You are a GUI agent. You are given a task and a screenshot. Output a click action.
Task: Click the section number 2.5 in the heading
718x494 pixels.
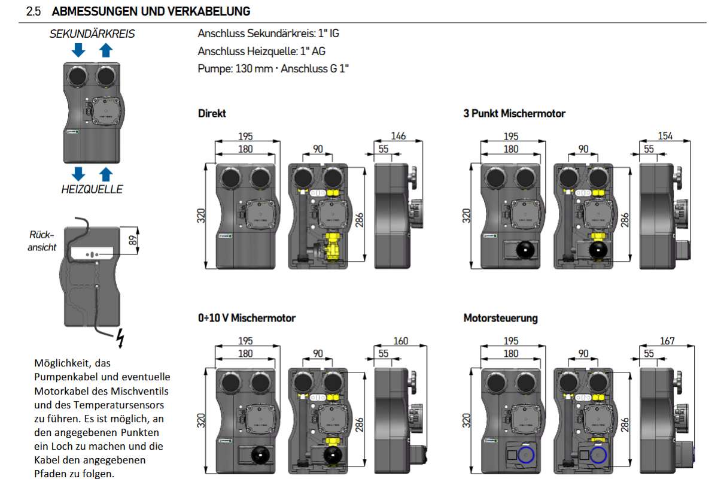34,11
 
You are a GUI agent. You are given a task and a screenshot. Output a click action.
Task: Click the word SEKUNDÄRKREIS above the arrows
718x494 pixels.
92,34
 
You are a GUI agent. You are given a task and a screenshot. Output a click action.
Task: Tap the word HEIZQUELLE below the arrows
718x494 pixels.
92,189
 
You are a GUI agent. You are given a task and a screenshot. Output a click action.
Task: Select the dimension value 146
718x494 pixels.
398,136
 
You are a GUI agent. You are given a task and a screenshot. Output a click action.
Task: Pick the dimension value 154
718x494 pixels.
665,136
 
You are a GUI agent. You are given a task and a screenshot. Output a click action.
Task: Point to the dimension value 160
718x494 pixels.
400,341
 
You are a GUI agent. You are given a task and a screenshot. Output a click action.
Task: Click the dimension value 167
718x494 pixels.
667,341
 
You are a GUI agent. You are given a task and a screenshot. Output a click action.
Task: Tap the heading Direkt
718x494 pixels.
212,113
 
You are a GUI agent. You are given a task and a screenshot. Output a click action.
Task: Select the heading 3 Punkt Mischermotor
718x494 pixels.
514,113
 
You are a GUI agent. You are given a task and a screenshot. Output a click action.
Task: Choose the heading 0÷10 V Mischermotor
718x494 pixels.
247,318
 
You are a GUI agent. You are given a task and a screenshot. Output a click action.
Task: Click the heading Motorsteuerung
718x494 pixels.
500,318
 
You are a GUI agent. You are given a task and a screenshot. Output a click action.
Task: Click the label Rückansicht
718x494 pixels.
42,241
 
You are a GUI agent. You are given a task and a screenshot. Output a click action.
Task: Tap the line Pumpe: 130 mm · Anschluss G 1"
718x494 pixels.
273,69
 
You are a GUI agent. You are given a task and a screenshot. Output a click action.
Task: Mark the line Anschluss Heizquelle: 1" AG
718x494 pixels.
261,51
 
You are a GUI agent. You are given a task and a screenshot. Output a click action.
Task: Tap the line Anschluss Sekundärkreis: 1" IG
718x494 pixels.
269,34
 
